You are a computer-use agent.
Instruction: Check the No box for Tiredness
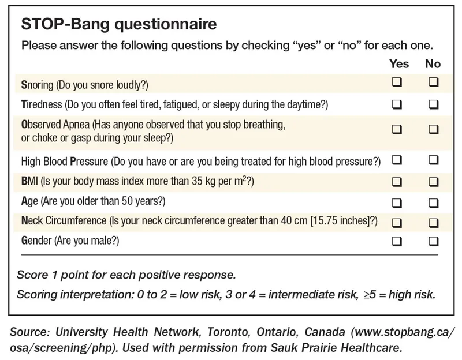[434, 104]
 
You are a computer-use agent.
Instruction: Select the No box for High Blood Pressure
[434, 159]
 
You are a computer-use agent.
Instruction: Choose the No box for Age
[434, 202]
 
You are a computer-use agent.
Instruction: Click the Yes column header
[399, 63]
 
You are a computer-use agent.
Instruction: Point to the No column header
[433, 63]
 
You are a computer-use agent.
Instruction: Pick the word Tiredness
[39, 105]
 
